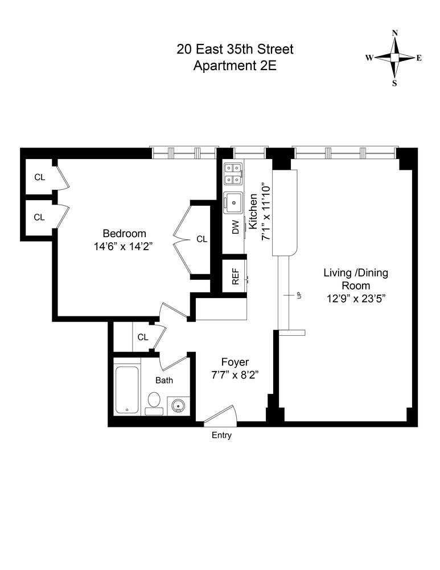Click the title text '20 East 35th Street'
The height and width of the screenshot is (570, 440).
point(235,49)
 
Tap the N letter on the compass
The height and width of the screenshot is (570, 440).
point(394,33)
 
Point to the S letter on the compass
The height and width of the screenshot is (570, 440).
point(394,83)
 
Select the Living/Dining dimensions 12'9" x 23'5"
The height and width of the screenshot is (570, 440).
point(356,298)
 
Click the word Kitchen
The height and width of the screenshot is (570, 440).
point(253,211)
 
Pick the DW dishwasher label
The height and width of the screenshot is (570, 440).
point(235,227)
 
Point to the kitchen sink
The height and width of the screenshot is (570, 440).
point(233,202)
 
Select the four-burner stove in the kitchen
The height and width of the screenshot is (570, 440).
point(233,174)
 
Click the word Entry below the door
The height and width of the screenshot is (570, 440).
point(221,435)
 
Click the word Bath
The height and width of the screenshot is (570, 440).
point(165,380)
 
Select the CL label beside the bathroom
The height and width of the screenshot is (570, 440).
point(142,337)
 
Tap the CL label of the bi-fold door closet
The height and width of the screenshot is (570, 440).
point(202,239)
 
